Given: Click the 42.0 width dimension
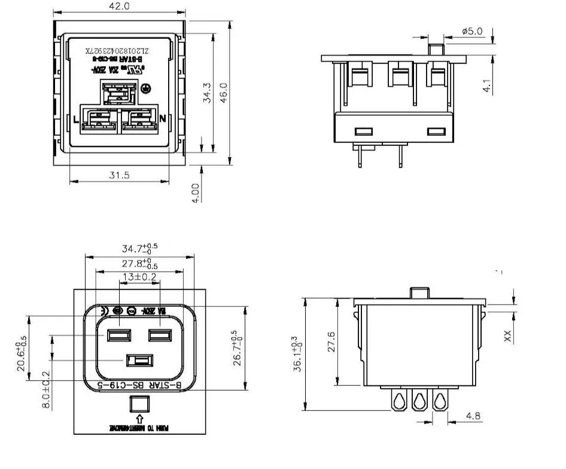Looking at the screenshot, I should (x=118, y=7).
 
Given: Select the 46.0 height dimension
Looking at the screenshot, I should (x=224, y=93).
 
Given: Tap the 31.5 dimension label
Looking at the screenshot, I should (x=119, y=175).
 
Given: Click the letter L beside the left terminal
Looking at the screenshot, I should (x=76, y=120).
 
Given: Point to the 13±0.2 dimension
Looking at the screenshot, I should (x=139, y=277).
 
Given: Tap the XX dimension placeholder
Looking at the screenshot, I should (x=508, y=336).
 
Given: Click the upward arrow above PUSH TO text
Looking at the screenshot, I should (x=139, y=419).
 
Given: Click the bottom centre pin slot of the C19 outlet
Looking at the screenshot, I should (x=139, y=361).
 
